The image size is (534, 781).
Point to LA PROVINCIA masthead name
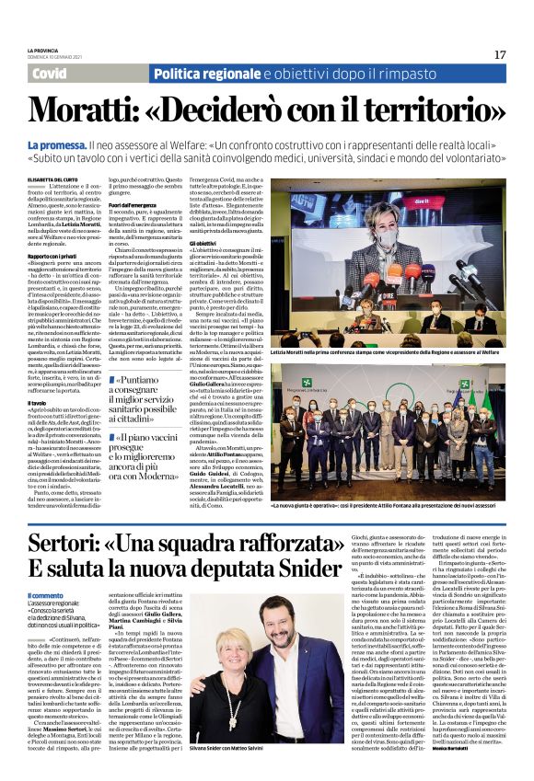tap(42, 50)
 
